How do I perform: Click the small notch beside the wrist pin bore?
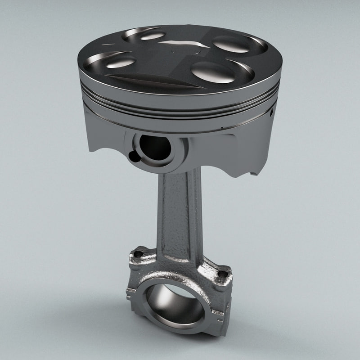tap(132, 156)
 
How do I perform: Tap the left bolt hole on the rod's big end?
tap(138, 254)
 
